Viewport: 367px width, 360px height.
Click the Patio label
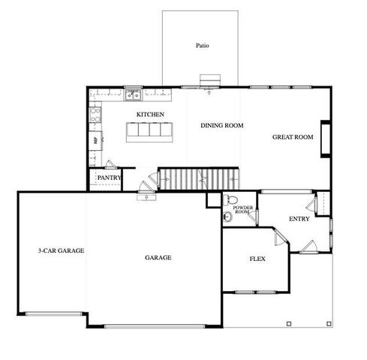pyautogui.click(x=202, y=46)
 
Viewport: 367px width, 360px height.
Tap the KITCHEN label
pyautogui.click(x=150, y=115)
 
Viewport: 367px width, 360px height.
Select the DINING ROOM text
pyautogui.click(x=222, y=125)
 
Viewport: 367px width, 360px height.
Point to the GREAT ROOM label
pyautogui.click(x=293, y=137)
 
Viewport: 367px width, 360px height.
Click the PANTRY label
pyautogui.click(x=109, y=178)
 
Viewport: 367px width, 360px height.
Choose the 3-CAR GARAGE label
pyautogui.click(x=61, y=250)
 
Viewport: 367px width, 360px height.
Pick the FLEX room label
pyautogui.click(x=257, y=259)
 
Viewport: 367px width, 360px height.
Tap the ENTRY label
pyautogui.click(x=299, y=219)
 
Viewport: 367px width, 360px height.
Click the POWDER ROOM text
pyautogui.click(x=242, y=209)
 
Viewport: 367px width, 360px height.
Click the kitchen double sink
pyautogui.click(x=133, y=95)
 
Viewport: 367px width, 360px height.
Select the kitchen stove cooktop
pyautogui.click(x=95, y=115)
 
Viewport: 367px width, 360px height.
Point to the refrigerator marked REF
pyautogui.click(x=95, y=141)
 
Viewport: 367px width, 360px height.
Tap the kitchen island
pyautogui.click(x=149, y=132)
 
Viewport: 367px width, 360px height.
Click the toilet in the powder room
pyautogui.click(x=230, y=199)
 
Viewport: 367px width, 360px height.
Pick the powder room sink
pyautogui.click(x=227, y=217)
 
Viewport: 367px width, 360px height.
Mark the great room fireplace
pyautogui.click(x=326, y=139)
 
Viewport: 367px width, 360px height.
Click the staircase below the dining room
pyautogui.click(x=200, y=179)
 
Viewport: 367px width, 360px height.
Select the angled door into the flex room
pyautogui.click(x=281, y=236)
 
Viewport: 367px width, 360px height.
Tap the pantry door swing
pyautogui.click(x=110, y=164)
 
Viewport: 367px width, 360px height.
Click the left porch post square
pyautogui.click(x=289, y=324)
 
